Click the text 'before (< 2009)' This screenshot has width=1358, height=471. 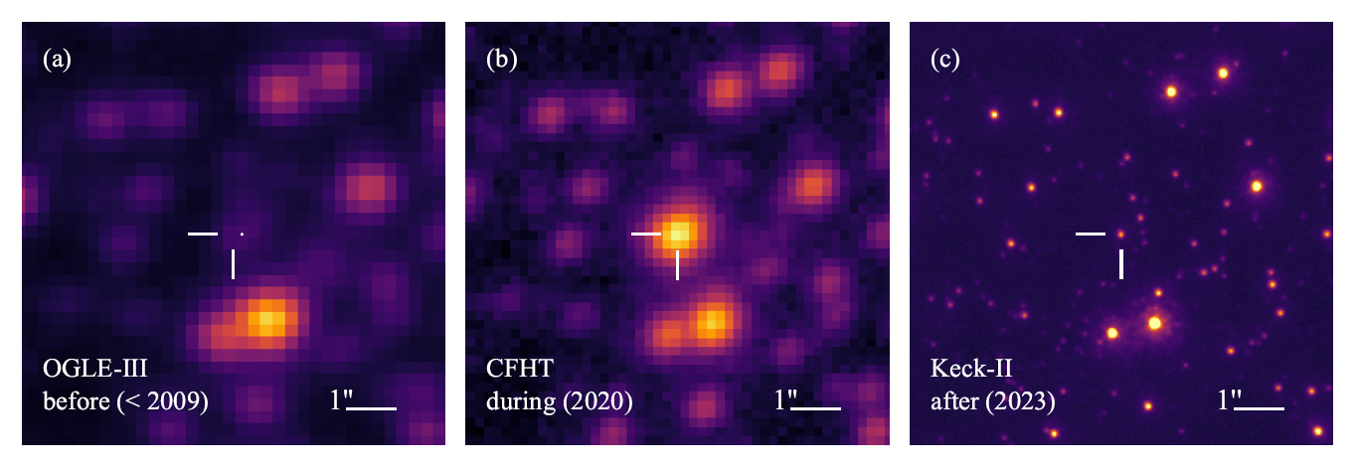coord(124,404)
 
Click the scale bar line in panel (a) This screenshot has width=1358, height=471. coord(372,407)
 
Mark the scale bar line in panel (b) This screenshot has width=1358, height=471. coord(816,407)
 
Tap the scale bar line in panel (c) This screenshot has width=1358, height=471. coord(1260,407)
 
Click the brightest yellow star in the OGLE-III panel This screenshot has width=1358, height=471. coord(266,320)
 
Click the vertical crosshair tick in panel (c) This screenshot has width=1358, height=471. coord(1121,264)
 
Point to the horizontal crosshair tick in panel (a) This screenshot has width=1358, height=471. coord(203,234)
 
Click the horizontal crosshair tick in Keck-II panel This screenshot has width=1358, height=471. coord(1091,234)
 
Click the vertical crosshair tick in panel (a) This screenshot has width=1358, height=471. coord(234,264)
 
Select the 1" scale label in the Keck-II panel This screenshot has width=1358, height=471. coord(1227,400)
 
